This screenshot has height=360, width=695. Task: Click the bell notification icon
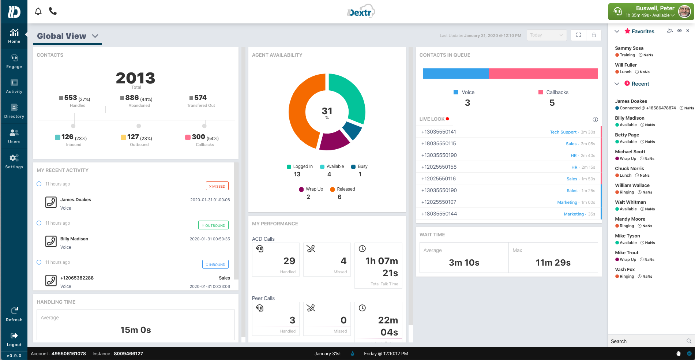38,11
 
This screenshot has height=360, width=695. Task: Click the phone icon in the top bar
53,11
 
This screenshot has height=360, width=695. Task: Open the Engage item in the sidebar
14,61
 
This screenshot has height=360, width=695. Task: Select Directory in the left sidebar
14,111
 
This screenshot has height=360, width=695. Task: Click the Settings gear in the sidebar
14,161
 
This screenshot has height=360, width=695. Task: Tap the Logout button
14,339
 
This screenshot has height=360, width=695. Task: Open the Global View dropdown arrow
95,36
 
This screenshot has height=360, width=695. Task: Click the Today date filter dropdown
546,35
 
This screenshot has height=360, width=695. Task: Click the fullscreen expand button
578,35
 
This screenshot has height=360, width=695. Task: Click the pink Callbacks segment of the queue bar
543,74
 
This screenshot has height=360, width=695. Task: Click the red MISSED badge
217,186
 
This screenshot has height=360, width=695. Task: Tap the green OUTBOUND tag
213,225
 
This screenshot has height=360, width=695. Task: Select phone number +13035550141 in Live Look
439,132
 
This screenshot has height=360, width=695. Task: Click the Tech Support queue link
563,132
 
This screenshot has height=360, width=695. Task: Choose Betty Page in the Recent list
627,135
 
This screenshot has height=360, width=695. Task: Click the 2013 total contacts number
135,78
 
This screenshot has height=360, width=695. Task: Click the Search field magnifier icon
689,341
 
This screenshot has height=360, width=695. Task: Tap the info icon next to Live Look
595,120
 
